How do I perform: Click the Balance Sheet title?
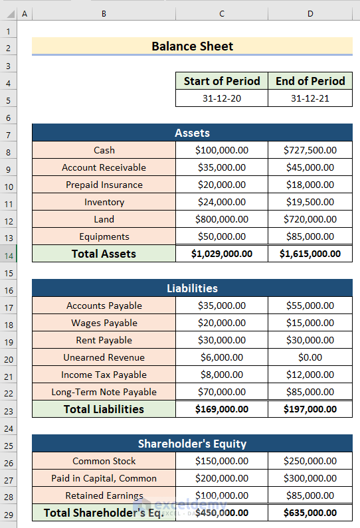click(x=192, y=46)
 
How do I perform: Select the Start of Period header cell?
click(x=222, y=81)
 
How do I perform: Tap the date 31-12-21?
click(x=310, y=98)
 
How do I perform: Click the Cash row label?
click(x=104, y=150)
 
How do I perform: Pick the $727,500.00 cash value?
click(x=310, y=150)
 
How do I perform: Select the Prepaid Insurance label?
click(x=104, y=185)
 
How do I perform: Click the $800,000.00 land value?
click(x=222, y=219)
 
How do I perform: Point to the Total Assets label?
click(x=104, y=253)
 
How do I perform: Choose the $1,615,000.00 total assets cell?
click(x=310, y=253)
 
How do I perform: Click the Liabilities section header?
click(x=192, y=288)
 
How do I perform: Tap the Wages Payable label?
click(x=104, y=323)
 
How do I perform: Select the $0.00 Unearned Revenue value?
click(x=310, y=357)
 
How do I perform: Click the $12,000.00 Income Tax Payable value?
click(x=310, y=375)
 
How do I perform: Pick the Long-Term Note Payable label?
click(x=104, y=392)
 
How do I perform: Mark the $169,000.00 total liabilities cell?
click(x=222, y=409)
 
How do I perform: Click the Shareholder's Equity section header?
click(x=192, y=444)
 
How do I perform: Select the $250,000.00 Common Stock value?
click(x=310, y=461)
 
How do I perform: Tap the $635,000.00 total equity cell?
click(x=310, y=513)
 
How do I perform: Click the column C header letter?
click(x=222, y=13)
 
